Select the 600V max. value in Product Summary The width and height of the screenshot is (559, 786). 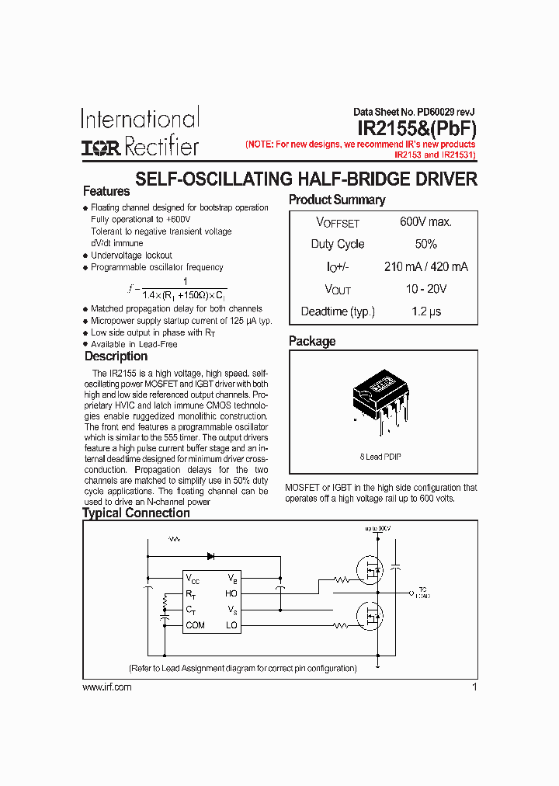[425, 222]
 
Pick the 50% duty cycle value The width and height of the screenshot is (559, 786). [425, 244]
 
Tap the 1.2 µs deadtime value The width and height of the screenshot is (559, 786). [425, 311]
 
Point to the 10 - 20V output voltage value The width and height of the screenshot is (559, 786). [425, 289]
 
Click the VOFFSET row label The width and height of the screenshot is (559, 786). [338, 223]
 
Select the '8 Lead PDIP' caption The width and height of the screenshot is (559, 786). [380, 457]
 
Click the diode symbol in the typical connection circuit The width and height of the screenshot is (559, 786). [210, 555]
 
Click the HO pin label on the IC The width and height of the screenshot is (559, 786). [231, 593]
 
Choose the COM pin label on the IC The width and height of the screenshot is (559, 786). [196, 625]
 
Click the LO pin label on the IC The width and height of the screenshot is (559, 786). [231, 625]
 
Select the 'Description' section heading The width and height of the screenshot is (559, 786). [116, 356]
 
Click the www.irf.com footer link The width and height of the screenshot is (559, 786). [106, 687]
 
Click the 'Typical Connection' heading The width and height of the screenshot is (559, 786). [136, 513]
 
